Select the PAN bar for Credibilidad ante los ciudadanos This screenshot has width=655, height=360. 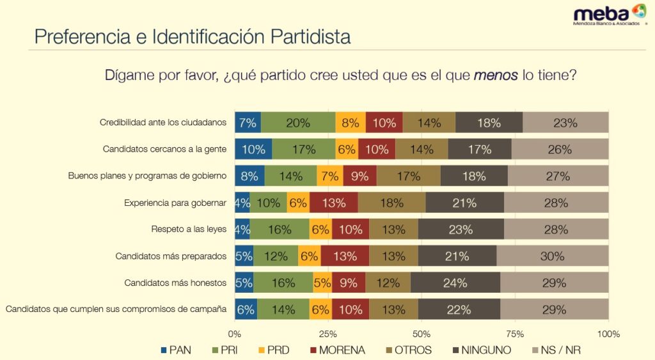(248, 123)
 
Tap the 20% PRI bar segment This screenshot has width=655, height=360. (298, 123)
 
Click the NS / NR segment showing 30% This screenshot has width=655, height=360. (552, 256)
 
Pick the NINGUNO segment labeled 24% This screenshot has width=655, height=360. (455, 283)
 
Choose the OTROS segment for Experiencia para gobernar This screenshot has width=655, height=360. (391, 203)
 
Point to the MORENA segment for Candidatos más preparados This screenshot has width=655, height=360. (345, 256)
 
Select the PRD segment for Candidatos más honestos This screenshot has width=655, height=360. (322, 283)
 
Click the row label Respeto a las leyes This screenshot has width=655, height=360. (189, 229)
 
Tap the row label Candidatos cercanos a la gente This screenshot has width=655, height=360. (165, 149)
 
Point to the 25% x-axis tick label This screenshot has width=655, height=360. (328, 334)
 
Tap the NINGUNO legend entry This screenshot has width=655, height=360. (482, 350)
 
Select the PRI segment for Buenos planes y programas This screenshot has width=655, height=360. (291, 176)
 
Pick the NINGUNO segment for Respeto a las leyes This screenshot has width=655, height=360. (461, 229)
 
